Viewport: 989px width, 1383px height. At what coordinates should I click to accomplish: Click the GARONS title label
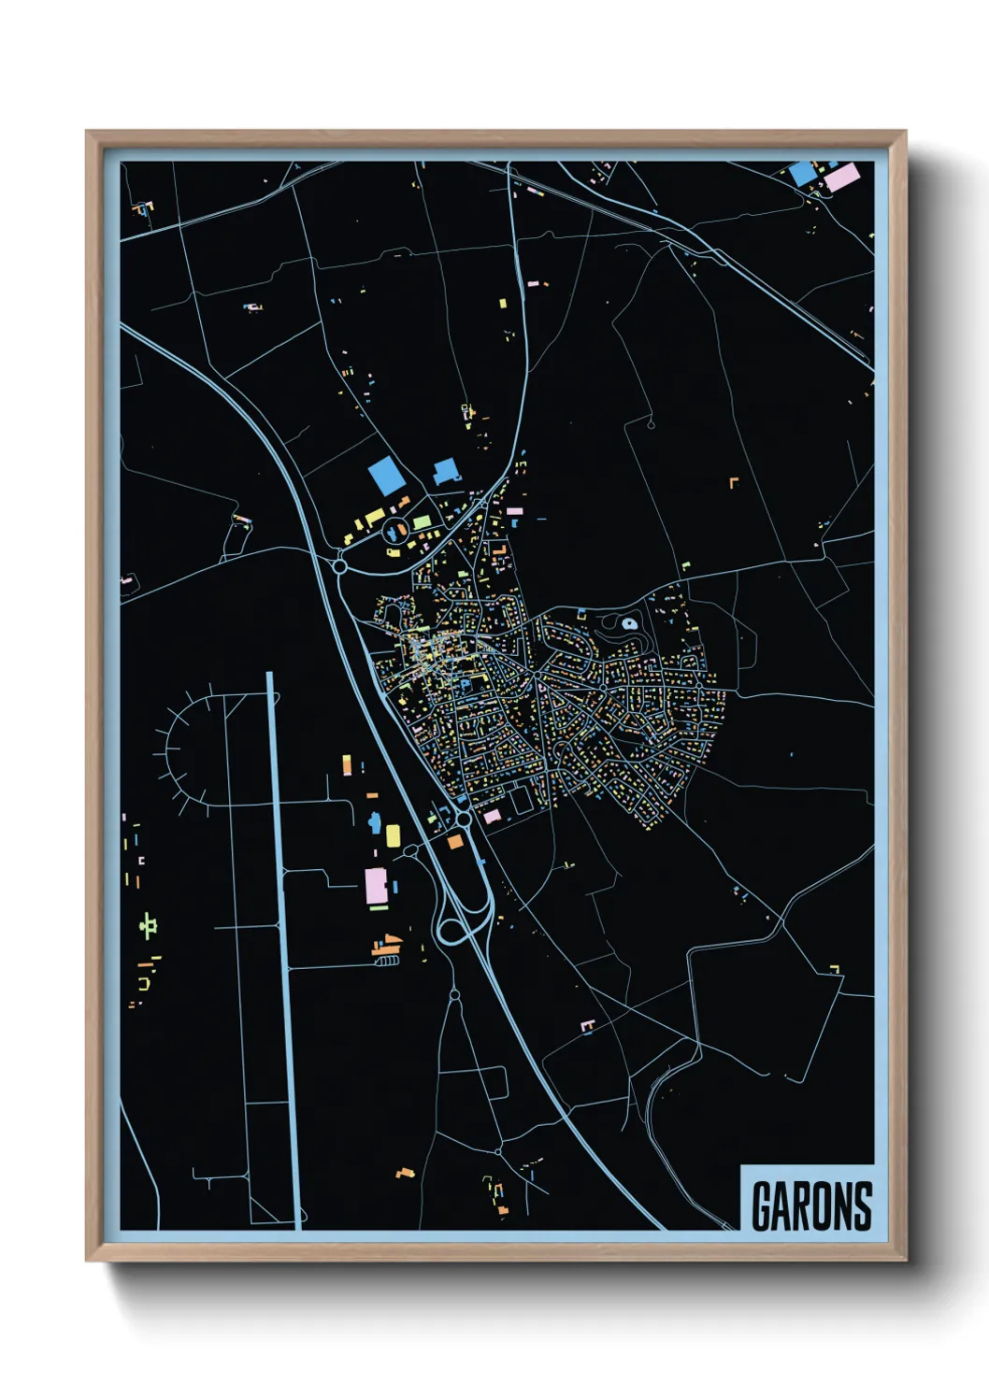click(810, 1206)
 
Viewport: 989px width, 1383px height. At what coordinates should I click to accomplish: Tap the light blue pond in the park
click(629, 623)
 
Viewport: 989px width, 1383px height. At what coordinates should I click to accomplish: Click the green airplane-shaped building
click(147, 924)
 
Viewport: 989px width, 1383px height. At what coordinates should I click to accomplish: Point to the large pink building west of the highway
click(376, 886)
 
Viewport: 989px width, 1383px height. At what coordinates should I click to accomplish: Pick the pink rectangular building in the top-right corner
click(841, 177)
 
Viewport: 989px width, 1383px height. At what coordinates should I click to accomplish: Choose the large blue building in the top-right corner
click(802, 173)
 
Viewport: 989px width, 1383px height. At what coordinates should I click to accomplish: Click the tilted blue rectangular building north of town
click(386, 476)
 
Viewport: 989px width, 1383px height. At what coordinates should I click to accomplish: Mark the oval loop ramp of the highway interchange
click(453, 931)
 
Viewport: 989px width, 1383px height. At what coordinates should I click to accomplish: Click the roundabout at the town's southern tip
click(464, 819)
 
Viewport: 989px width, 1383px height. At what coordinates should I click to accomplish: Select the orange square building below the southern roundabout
click(455, 841)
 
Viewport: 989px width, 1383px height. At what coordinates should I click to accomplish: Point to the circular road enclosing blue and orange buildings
click(396, 530)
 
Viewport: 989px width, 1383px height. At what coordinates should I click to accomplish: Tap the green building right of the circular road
click(422, 521)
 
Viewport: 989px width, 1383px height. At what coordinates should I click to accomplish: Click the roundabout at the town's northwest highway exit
click(339, 565)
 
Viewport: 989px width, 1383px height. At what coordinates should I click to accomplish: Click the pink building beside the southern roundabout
click(492, 817)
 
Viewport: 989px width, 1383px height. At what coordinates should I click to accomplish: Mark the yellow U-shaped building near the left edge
click(144, 984)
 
